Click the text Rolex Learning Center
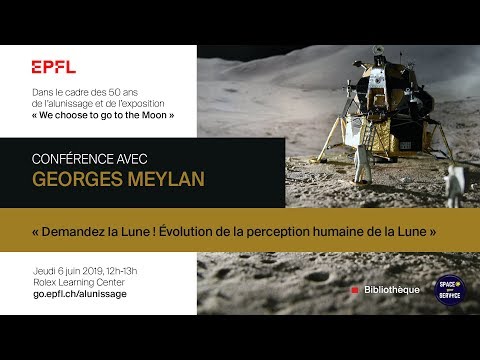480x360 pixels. coord(77,282)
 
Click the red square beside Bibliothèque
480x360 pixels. coord(355,290)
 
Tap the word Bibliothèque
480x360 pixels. coord(392,290)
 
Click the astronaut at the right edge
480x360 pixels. coord(454,184)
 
